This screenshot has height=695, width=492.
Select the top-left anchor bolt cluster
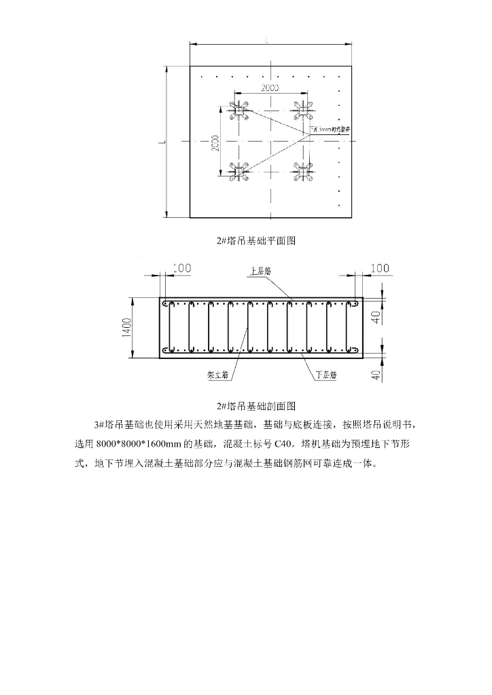[238, 110]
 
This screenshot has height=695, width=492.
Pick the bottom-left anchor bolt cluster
[238, 172]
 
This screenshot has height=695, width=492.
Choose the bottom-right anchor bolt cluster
[303, 172]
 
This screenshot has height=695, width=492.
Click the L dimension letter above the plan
[267, 41]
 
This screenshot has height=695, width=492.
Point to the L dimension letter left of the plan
[161, 143]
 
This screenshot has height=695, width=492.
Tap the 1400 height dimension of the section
[126, 327]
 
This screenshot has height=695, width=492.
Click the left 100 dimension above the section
[182, 268]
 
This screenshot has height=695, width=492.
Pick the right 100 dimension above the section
[380, 268]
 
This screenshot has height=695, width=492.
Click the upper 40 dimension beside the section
[376, 316]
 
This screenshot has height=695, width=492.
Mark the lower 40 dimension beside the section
[376, 374]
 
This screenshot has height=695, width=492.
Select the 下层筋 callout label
[326, 373]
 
